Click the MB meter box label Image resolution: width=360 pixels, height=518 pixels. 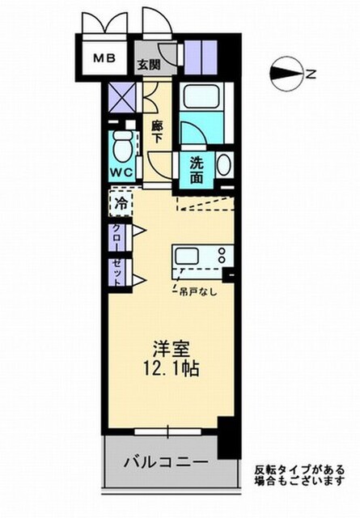pyautogui.click(x=104, y=58)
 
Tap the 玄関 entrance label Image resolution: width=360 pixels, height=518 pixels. pyautogui.click(x=149, y=65)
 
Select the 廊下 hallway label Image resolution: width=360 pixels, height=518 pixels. pyautogui.click(x=157, y=131)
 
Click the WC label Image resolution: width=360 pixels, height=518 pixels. pyautogui.click(x=121, y=172)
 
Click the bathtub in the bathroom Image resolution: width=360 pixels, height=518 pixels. pyautogui.click(x=202, y=96)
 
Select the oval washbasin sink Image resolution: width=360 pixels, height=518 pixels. pyautogui.click(x=223, y=165)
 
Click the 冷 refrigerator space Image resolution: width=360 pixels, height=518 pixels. pyautogui.click(x=121, y=203)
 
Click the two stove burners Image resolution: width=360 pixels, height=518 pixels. pyautogui.click(x=222, y=255)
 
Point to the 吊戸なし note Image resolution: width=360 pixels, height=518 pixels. pyautogui.click(x=198, y=291)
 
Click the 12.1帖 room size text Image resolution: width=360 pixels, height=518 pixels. pyautogui.click(x=171, y=368)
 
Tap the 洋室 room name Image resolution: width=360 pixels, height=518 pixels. pyautogui.click(x=171, y=349)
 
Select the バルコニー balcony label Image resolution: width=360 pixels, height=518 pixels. pyautogui.click(x=166, y=462)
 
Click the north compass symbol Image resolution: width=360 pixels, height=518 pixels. pyautogui.click(x=286, y=74)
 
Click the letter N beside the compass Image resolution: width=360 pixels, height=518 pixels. pyautogui.click(x=311, y=74)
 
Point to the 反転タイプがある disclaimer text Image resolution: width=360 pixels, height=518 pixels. pyautogui.click(x=299, y=469)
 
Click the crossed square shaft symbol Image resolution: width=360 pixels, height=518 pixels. pyautogui.click(x=122, y=97)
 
